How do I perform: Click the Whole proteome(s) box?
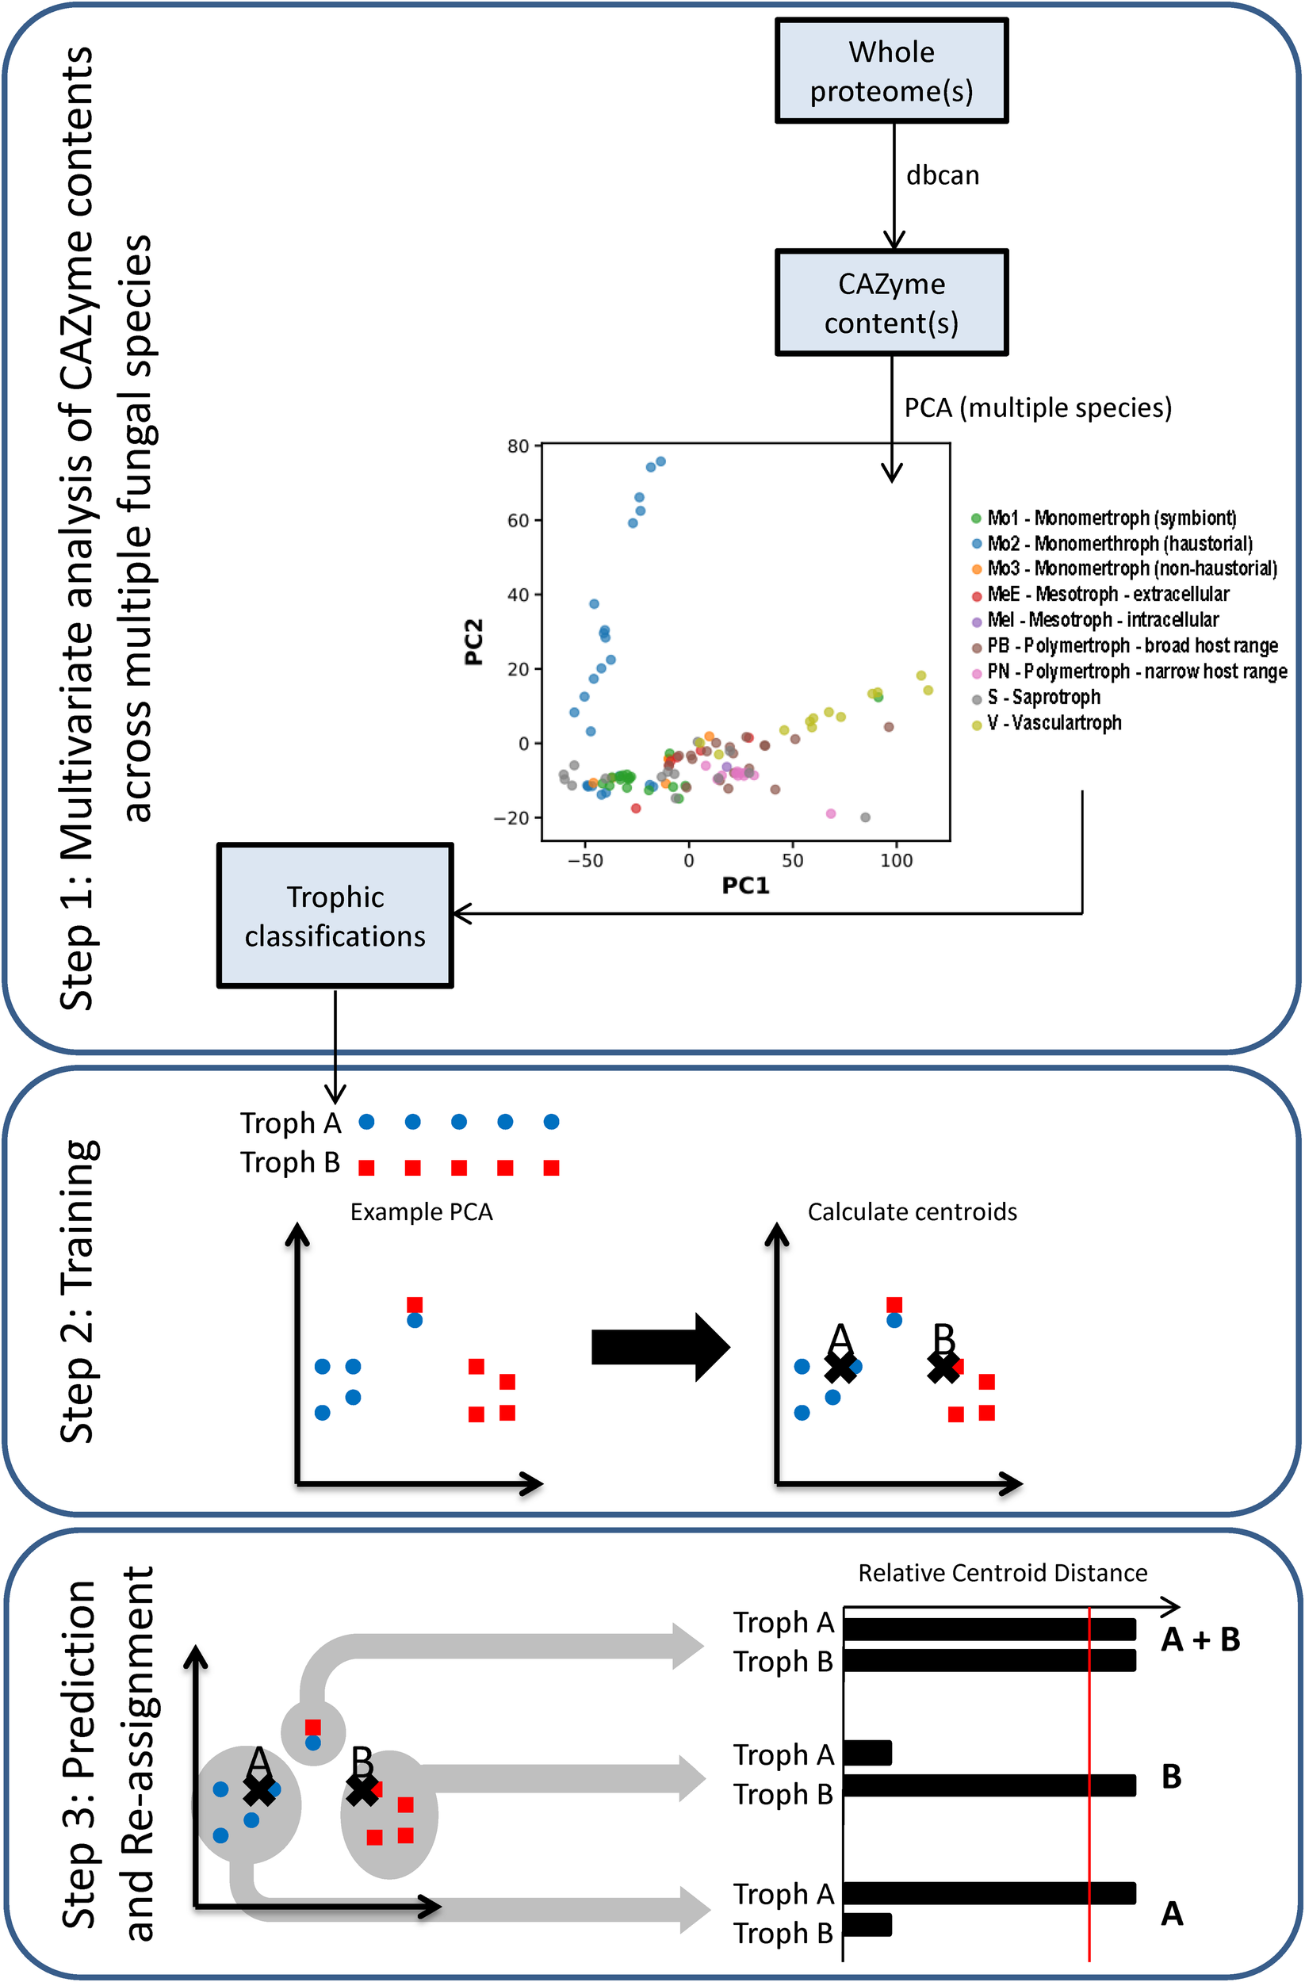point(891,71)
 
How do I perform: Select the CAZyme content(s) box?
point(891,303)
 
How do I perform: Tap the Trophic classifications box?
point(335,916)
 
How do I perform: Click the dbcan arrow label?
point(942,176)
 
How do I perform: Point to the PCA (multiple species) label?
point(1037,408)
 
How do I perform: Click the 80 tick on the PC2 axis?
point(518,446)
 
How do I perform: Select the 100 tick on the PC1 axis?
point(896,860)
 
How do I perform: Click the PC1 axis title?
point(745,886)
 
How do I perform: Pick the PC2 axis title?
point(474,641)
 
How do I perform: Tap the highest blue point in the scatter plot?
point(660,461)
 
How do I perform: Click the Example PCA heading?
point(422,1211)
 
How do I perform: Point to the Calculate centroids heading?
point(912,1211)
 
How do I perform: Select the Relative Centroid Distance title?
point(1002,1573)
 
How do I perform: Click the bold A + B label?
point(1200,1640)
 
